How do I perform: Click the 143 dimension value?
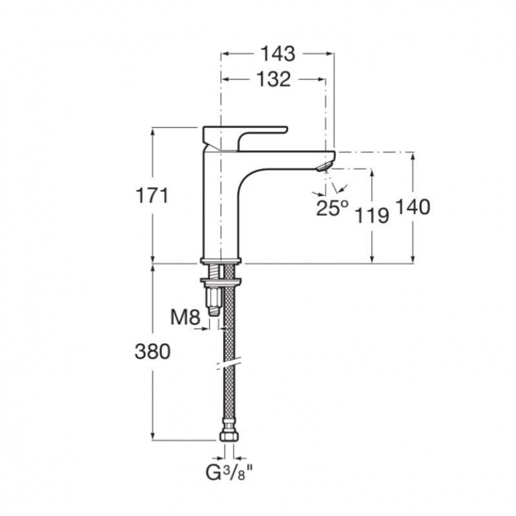click(x=278, y=54)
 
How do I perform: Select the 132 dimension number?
click(x=273, y=79)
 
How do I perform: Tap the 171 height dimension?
click(x=152, y=195)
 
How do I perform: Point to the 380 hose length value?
click(x=153, y=351)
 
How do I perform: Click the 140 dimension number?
click(x=413, y=207)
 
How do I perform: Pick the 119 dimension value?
click(x=372, y=216)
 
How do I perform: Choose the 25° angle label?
click(x=332, y=208)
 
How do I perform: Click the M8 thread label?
click(x=185, y=317)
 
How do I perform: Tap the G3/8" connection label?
click(x=230, y=473)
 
